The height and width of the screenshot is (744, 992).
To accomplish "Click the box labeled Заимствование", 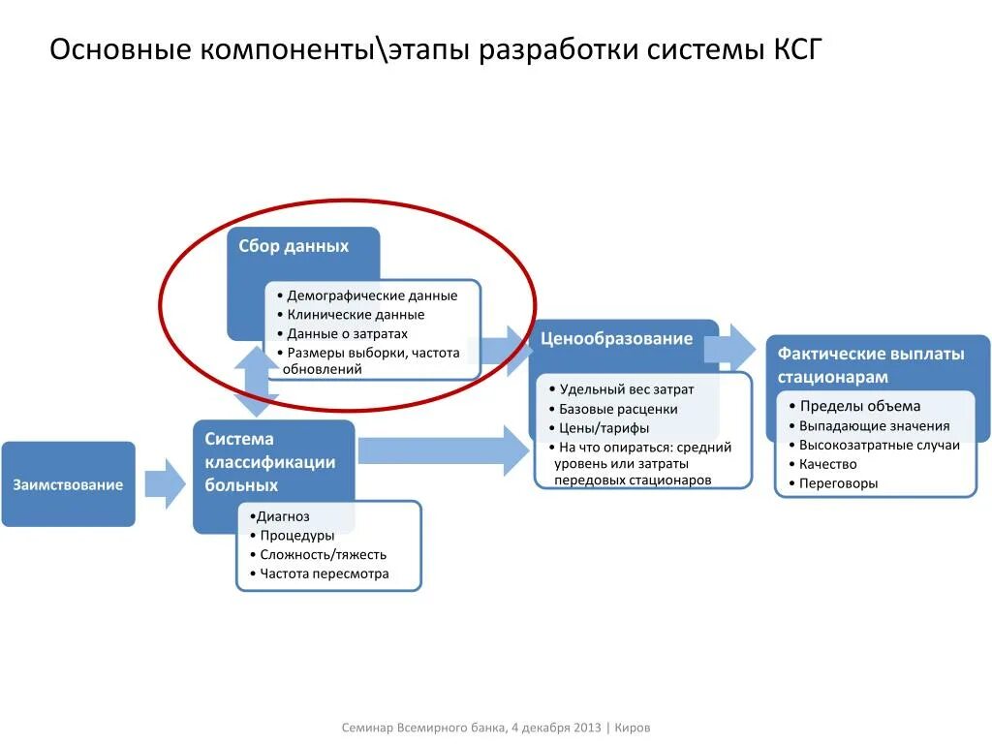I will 68,484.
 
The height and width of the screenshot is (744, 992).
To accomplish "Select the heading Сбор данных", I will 294,247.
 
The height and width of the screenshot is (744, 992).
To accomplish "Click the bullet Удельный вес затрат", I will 626,389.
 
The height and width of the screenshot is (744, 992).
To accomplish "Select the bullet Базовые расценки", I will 618,409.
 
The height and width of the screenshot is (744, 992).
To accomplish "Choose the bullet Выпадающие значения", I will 874,426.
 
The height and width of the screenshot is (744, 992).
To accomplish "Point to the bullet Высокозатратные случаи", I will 879,445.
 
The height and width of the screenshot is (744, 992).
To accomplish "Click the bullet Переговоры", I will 838,482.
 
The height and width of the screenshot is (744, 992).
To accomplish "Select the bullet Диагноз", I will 283,516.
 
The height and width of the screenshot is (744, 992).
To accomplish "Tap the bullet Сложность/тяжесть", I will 323,555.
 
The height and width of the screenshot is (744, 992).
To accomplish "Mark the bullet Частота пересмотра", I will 325,573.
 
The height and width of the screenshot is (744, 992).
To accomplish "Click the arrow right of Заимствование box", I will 164,483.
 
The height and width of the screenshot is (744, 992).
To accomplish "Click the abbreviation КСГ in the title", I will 796,49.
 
